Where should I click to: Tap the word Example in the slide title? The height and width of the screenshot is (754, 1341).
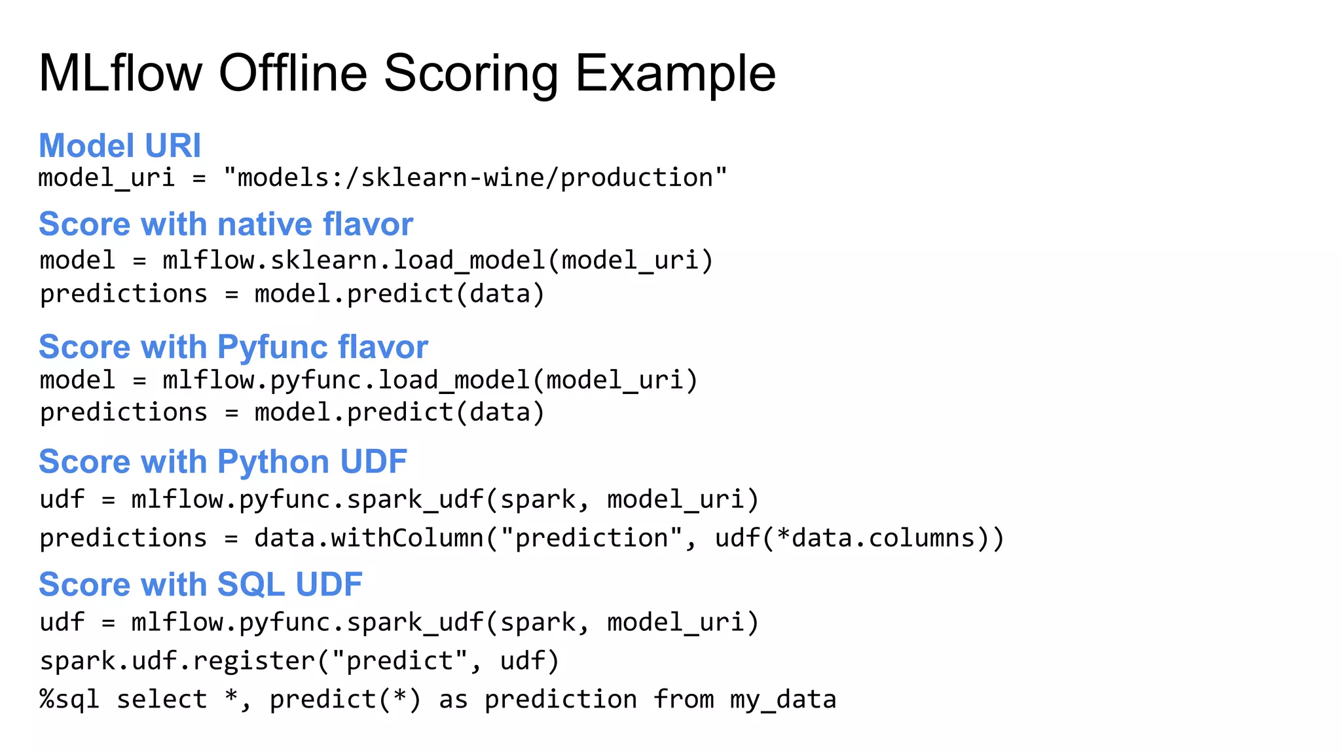click(675, 73)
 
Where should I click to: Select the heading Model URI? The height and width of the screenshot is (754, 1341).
click(120, 145)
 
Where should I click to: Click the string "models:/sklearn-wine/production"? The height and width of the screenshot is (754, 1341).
click(475, 178)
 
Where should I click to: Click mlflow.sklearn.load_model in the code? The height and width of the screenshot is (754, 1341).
click(354, 260)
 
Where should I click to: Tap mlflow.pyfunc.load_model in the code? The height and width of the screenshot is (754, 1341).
click(346, 380)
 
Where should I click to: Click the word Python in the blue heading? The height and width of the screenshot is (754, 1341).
click(272, 462)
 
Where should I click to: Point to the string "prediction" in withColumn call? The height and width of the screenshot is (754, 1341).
click(591, 538)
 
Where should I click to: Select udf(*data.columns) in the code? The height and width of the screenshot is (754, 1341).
click(851, 538)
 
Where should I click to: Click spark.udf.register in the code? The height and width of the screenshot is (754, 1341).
click(177, 661)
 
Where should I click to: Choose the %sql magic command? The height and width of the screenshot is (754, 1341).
click(69, 700)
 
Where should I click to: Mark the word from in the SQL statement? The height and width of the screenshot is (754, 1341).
click(684, 700)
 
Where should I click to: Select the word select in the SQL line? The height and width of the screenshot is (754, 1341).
click(162, 700)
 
